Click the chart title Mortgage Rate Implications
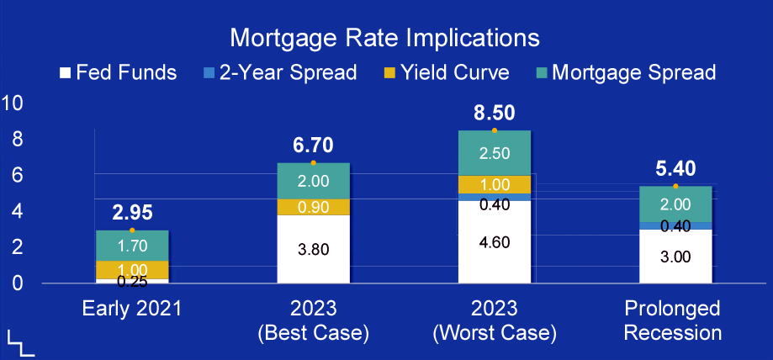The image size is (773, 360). pyautogui.click(x=384, y=39)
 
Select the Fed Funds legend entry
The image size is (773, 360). pyautogui.click(x=119, y=73)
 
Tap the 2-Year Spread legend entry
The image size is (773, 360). pyautogui.click(x=279, y=73)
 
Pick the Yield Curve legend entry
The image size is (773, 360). pyautogui.click(x=446, y=73)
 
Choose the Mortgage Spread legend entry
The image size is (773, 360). pyautogui.click(x=625, y=73)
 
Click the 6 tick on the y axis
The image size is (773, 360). pyautogui.click(x=18, y=175)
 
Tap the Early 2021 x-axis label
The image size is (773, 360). pyautogui.click(x=131, y=310)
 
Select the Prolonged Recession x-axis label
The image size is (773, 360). pyautogui.click(x=672, y=321)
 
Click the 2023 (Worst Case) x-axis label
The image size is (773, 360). pyautogui.click(x=495, y=321)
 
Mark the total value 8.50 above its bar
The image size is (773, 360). pyautogui.click(x=495, y=113)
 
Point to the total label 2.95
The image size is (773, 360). pyautogui.click(x=132, y=213)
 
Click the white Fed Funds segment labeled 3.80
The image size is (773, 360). pyautogui.click(x=314, y=249)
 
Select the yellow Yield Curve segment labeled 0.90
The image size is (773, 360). pyautogui.click(x=314, y=207)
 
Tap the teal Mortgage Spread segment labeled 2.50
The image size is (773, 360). pyautogui.click(x=495, y=153)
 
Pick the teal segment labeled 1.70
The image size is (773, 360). pyautogui.click(x=132, y=246)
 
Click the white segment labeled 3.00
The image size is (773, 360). pyautogui.click(x=676, y=257)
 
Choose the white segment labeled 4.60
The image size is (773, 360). pyautogui.click(x=495, y=242)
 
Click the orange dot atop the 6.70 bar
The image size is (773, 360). pyautogui.click(x=314, y=162)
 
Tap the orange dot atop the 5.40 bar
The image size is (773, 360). pyautogui.click(x=676, y=186)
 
